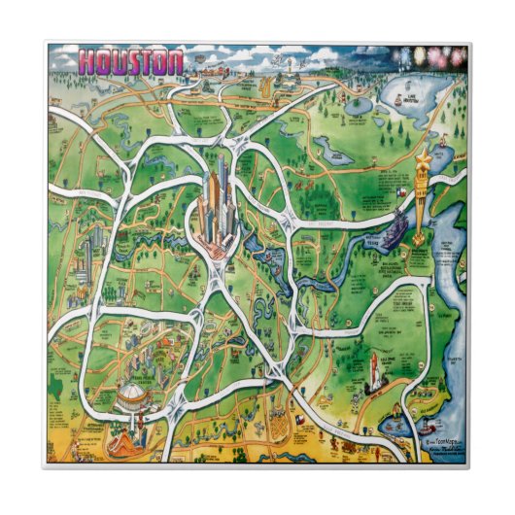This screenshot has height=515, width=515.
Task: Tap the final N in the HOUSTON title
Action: pyautogui.click(x=174, y=62)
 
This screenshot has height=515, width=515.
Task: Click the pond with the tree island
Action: pyautogui.click(x=336, y=152)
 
